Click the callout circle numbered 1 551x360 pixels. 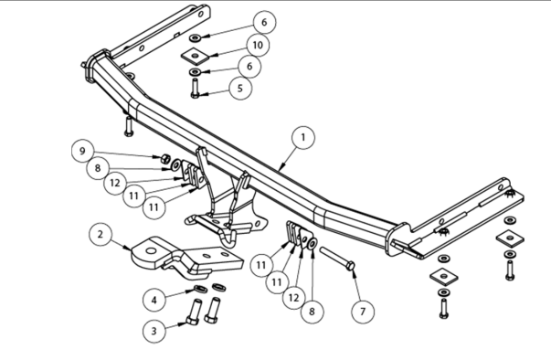click(x=303, y=138)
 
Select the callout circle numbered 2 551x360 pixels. click(x=101, y=234)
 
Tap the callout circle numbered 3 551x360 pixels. click(x=154, y=331)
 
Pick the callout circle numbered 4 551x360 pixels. click(x=154, y=301)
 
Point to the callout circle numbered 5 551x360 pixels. click(x=240, y=88)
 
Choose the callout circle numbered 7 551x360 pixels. click(x=363, y=312)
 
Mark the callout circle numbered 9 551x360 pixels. click(x=82, y=151)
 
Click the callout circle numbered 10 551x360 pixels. click(x=258, y=45)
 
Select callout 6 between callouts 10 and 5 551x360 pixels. click(x=249, y=66)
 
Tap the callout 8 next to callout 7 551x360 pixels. click(x=312, y=312)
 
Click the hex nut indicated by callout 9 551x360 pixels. click(x=165, y=160)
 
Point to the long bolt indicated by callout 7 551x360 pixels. click(x=337, y=259)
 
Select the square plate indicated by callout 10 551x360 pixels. click(x=195, y=56)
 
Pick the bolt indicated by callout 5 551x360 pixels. click(x=195, y=88)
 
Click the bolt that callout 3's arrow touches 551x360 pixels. click(x=194, y=312)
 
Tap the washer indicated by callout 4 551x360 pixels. click(x=201, y=289)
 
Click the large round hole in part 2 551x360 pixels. click(x=151, y=251)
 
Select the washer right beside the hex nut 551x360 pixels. click(x=175, y=164)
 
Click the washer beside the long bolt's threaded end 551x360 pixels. click(x=312, y=244)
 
